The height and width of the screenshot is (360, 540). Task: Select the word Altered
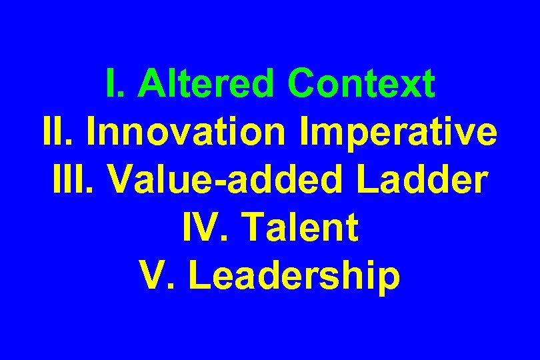[211, 85]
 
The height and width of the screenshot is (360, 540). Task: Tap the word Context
[362, 85]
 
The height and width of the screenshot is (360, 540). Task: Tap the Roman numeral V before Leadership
[153, 277]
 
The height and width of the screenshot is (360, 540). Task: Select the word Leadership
[295, 277]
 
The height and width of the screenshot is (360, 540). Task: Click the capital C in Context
[303, 85]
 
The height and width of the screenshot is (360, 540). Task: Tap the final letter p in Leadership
[389, 280]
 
